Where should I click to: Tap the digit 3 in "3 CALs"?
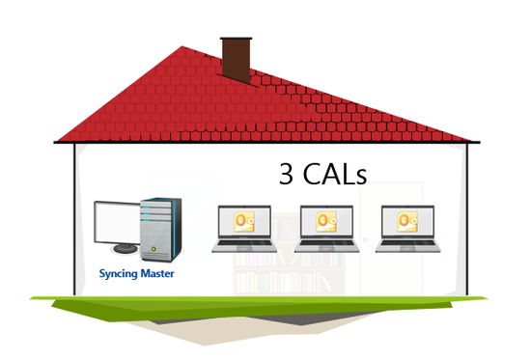point(287,174)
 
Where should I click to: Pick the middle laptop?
point(326,231)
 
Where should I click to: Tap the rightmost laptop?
point(407,231)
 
